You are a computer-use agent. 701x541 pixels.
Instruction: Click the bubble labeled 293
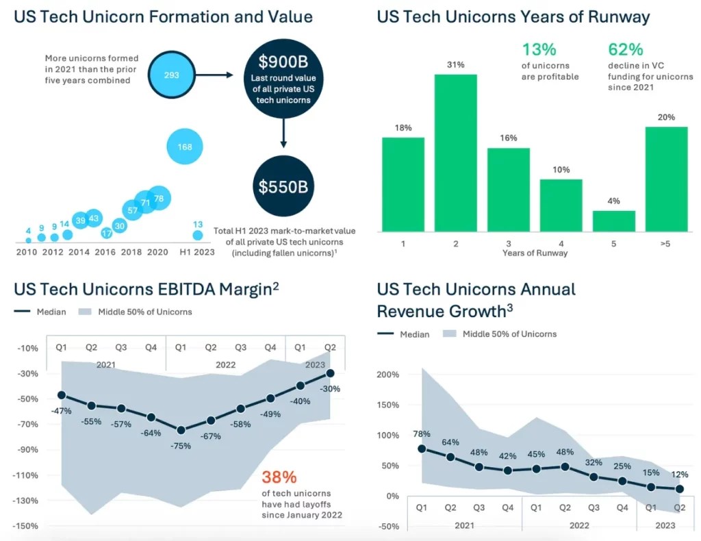point(171,75)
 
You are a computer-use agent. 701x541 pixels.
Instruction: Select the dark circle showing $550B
point(283,186)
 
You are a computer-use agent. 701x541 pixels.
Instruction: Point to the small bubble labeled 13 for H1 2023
point(198,235)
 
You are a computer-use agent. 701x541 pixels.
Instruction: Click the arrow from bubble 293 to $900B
point(218,75)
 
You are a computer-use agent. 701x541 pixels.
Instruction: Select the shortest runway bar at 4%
point(614,221)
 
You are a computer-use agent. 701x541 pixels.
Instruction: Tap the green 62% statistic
point(626,49)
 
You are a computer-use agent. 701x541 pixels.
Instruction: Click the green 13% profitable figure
point(540,49)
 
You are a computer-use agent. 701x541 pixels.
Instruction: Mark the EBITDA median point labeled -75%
point(181,430)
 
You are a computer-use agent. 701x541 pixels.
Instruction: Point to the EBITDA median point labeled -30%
point(331,373)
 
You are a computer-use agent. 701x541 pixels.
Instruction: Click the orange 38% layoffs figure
point(280,477)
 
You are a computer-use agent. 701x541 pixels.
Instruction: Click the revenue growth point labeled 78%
point(422,449)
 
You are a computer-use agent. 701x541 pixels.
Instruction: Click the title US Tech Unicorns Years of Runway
point(513,16)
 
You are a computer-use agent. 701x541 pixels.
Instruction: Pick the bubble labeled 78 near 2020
point(158,199)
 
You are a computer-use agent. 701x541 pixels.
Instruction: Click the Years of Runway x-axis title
point(535,253)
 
